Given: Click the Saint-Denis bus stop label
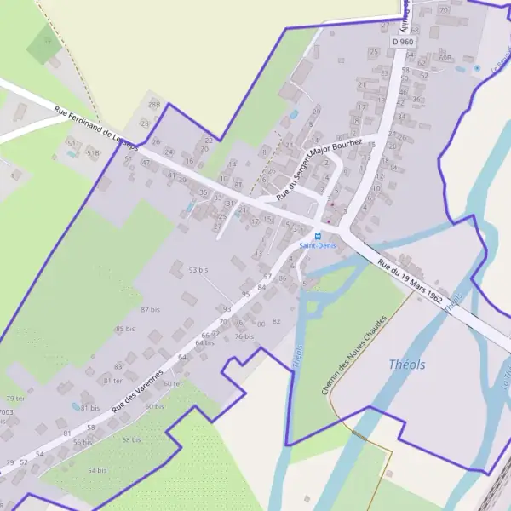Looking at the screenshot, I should (x=317, y=246).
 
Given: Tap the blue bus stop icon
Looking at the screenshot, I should (x=318, y=236).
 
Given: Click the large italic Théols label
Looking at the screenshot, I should (x=406, y=364).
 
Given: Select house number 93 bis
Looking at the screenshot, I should (x=198, y=270).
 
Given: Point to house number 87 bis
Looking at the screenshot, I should (x=151, y=309).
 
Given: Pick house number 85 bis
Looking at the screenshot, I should (x=125, y=329).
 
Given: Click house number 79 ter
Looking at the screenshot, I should (x=15, y=399).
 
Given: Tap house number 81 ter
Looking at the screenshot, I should (x=112, y=381).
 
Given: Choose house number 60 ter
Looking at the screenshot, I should (x=172, y=384).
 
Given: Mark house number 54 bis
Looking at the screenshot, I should (x=98, y=470).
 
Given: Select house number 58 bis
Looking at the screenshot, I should (x=131, y=439).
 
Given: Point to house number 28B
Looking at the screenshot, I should (x=154, y=104).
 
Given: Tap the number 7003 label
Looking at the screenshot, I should (x=6, y=412).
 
